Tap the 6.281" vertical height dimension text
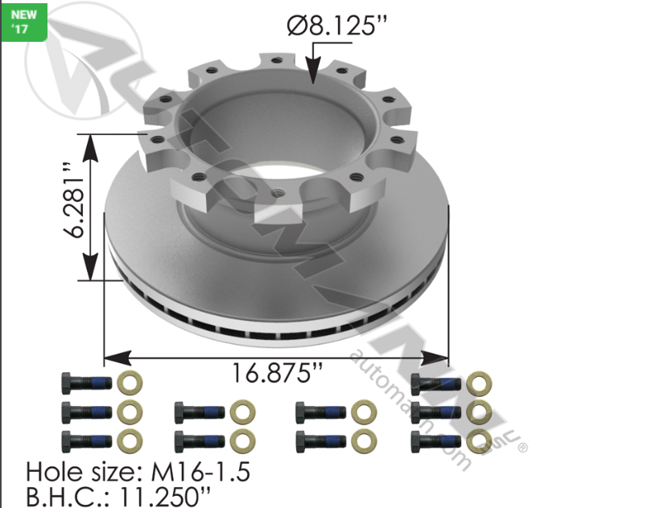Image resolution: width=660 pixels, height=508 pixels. pyautogui.click(x=76, y=202)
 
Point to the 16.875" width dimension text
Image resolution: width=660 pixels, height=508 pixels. pyautogui.click(x=277, y=374)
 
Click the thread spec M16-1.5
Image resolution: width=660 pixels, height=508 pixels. pyautogui.click(x=205, y=471)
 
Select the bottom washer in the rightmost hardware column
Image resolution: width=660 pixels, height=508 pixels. pyautogui.click(x=479, y=439)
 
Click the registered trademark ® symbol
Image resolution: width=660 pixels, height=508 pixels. pyautogui.click(x=522, y=444)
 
